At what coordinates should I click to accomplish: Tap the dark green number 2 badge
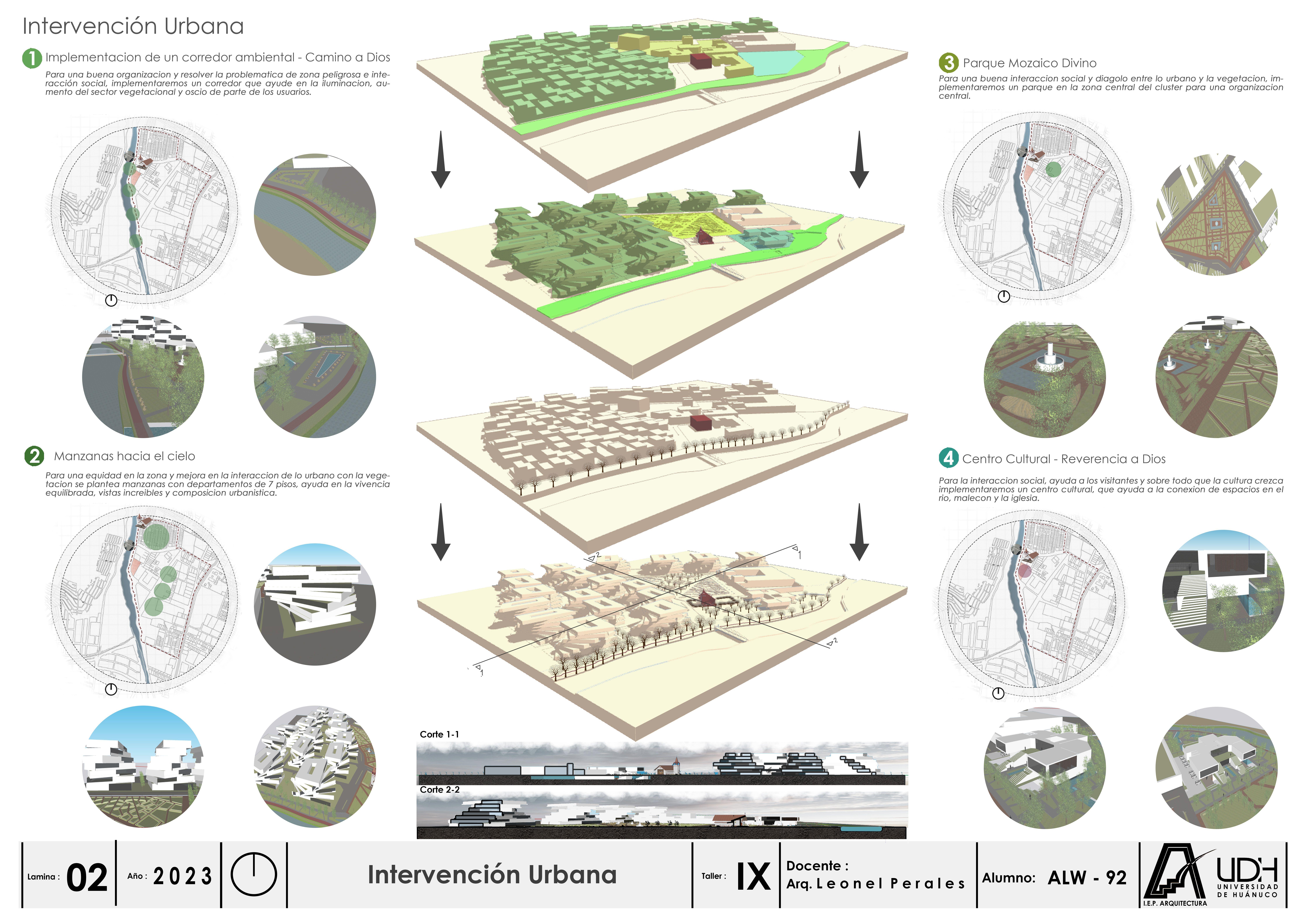[x=34, y=456]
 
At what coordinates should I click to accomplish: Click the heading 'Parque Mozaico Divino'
[x=1029, y=63]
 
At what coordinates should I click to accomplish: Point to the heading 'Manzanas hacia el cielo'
[x=124, y=456]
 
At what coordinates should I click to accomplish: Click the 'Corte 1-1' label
[x=439, y=734]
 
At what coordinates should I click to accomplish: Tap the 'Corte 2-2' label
[x=439, y=790]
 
